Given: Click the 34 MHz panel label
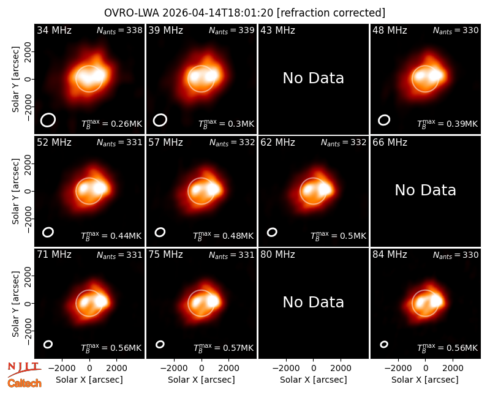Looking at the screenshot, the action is click(54, 30).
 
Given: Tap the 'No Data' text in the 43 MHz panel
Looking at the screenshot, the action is click(313, 78).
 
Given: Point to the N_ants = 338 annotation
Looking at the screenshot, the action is click(119, 30).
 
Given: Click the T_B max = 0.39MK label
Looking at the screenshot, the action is click(448, 124).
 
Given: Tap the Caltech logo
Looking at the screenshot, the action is click(24, 383).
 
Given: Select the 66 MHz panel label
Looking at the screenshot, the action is click(390, 143).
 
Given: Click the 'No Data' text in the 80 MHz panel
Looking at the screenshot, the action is click(313, 302).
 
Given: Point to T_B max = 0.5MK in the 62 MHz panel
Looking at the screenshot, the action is click(338, 236).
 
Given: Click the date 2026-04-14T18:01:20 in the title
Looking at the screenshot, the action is click(217, 13).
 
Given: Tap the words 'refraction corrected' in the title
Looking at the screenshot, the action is click(331, 13).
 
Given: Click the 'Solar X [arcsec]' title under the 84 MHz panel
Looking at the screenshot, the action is click(425, 380).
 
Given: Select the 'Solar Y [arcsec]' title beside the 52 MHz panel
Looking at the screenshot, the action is click(15, 191).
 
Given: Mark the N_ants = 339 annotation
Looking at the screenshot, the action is click(232, 30).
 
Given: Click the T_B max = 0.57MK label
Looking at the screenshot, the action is click(224, 348).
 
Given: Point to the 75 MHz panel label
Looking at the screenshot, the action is click(165, 255).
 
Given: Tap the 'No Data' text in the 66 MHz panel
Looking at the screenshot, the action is click(425, 190).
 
